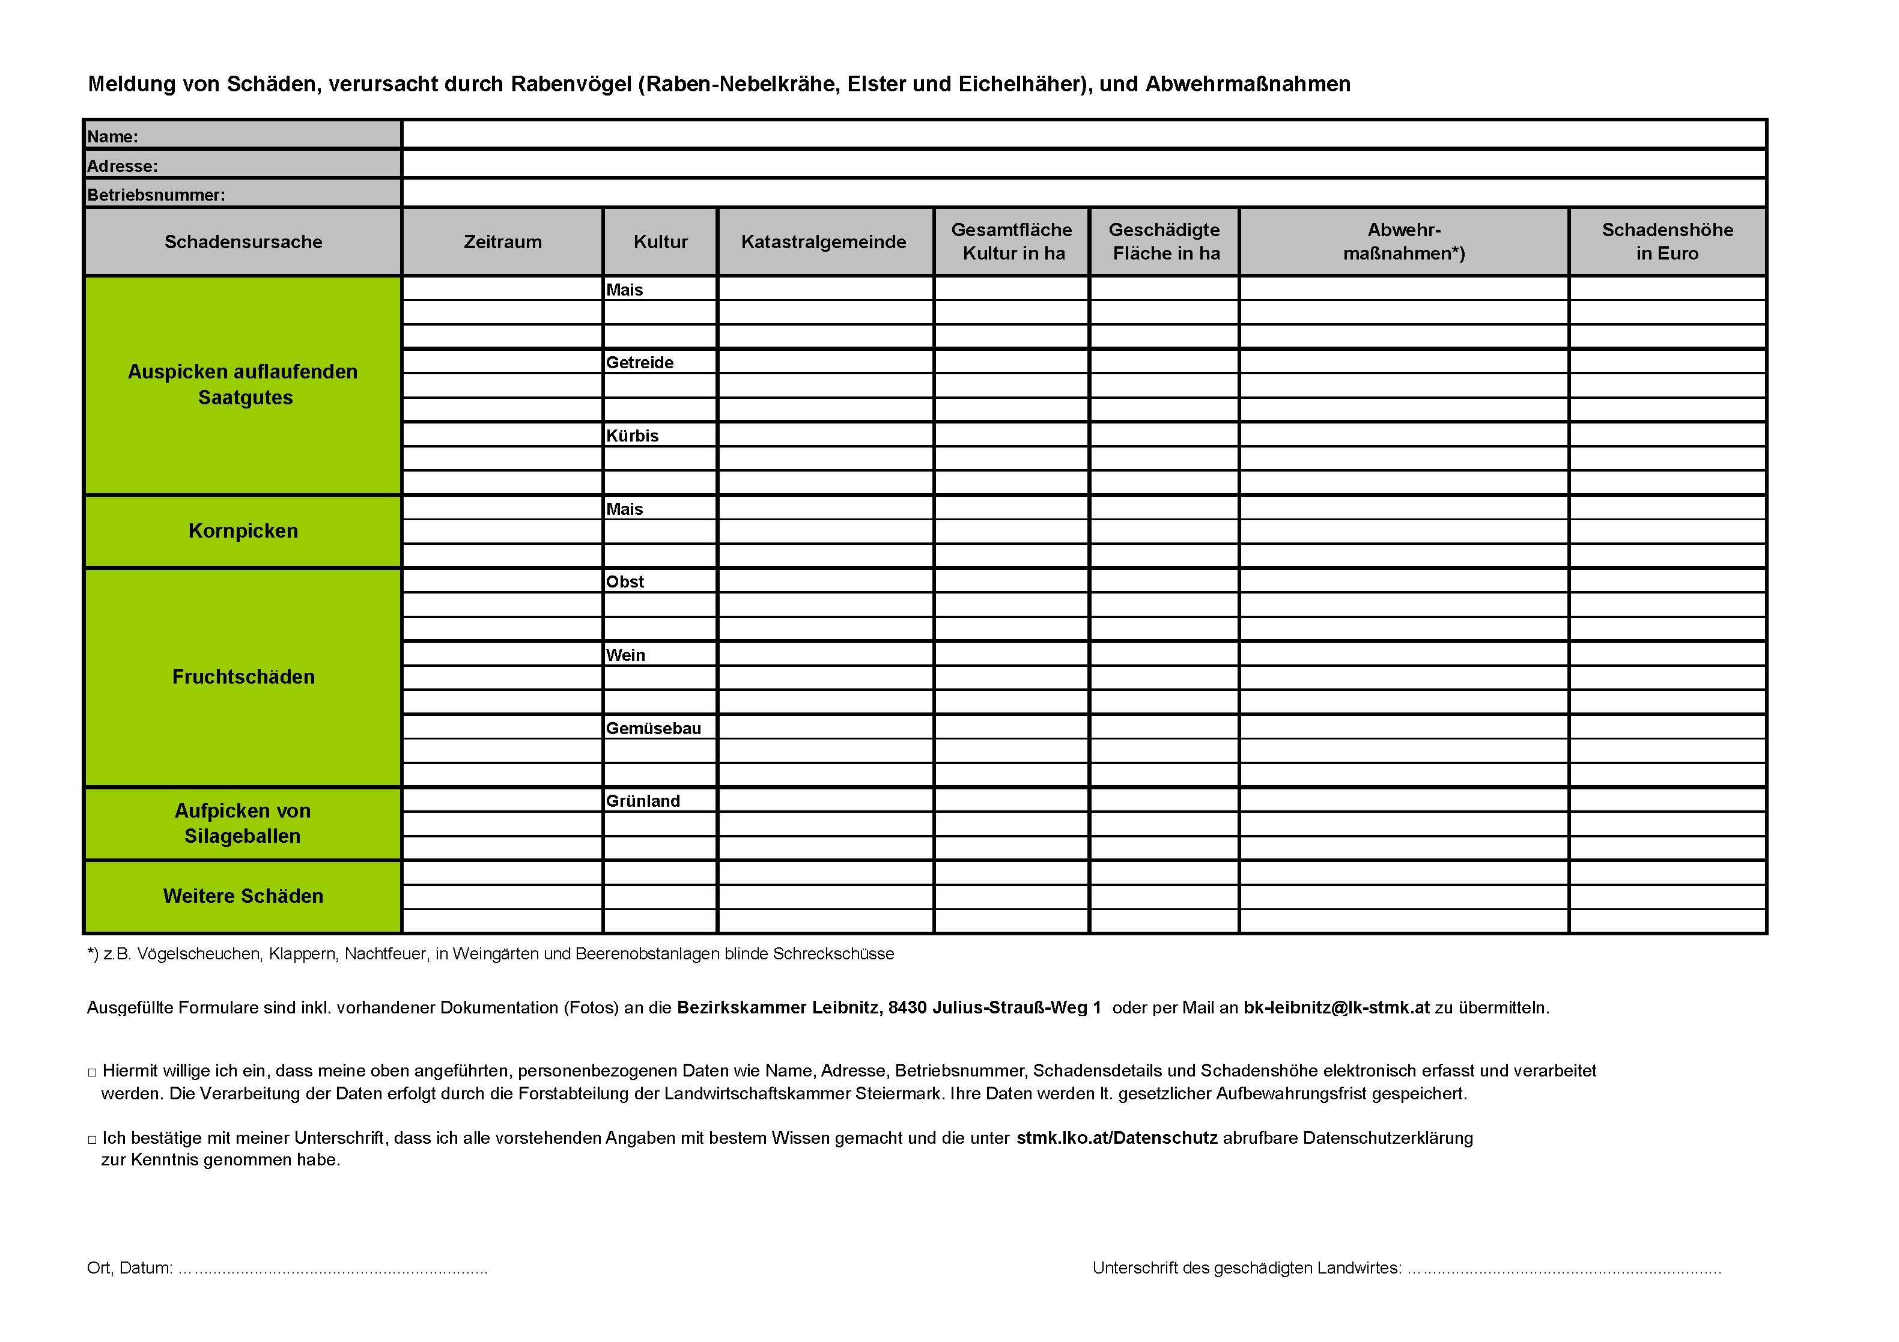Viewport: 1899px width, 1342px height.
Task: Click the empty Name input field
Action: (x=1084, y=135)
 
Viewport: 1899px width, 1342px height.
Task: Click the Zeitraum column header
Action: (x=502, y=241)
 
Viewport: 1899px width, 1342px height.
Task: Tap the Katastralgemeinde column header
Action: (x=824, y=241)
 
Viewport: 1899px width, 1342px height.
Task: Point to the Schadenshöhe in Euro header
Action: (x=1667, y=241)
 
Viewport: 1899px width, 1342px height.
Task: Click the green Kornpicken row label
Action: (x=243, y=531)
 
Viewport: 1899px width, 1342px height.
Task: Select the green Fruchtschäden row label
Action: (x=243, y=676)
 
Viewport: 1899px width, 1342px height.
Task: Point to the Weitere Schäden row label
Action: (x=243, y=896)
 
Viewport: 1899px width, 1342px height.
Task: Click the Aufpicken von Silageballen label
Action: (x=243, y=823)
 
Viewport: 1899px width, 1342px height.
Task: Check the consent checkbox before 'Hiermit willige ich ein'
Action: (x=92, y=1072)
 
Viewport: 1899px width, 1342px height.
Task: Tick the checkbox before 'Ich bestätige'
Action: (x=92, y=1140)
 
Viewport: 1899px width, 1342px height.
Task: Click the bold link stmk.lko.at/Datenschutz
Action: (x=1117, y=1138)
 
